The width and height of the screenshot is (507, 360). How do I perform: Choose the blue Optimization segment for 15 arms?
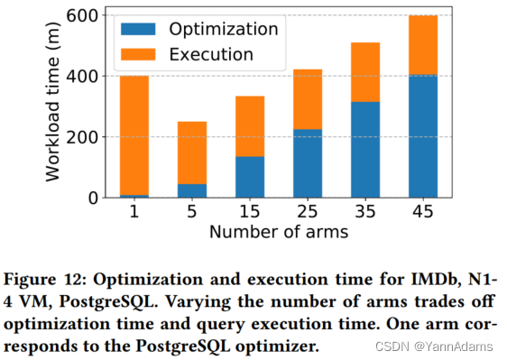click(250, 177)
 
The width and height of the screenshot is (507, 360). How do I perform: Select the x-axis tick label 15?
click(250, 213)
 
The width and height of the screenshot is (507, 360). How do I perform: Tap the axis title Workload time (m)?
click(56, 106)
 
